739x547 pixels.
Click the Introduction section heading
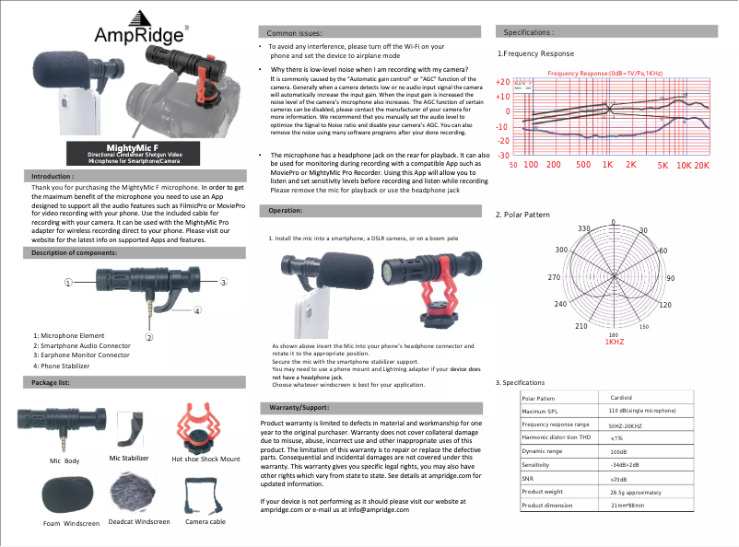click(53, 175)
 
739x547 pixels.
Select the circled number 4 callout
click(197, 311)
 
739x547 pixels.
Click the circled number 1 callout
click(68, 282)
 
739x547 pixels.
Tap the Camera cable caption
click(205, 522)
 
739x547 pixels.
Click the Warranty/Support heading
click(299, 406)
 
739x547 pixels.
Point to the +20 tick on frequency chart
click(502, 82)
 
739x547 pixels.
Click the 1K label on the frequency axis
click(608, 165)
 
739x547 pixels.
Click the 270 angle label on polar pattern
click(554, 277)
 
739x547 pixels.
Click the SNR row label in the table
click(528, 479)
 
